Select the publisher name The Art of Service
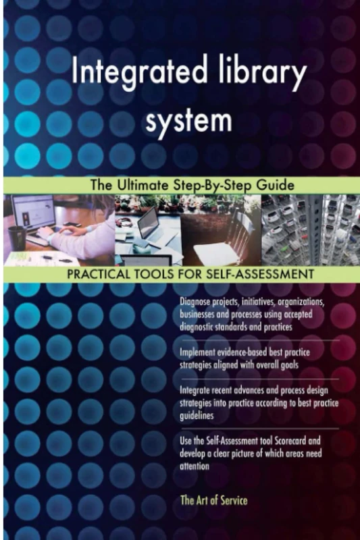(x=213, y=501)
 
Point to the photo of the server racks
(x=310, y=230)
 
